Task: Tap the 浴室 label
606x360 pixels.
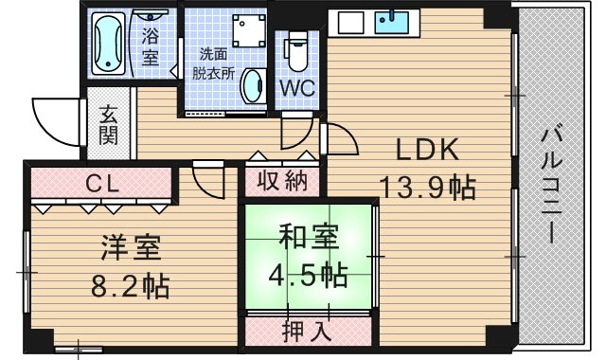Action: (x=151, y=47)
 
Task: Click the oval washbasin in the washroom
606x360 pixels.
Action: (x=253, y=87)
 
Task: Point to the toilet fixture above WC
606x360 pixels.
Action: (x=296, y=52)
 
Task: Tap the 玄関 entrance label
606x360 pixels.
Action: (x=109, y=123)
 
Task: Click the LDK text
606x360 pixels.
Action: (x=427, y=150)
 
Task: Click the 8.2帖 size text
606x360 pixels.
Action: (x=132, y=284)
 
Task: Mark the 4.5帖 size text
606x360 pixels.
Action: (x=309, y=275)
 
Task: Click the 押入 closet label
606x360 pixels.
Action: (x=307, y=331)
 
